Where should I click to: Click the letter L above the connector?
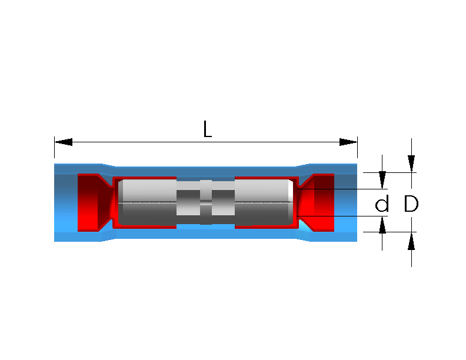[208, 129]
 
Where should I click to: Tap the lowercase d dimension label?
[382, 204]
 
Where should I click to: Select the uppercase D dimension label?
[411, 204]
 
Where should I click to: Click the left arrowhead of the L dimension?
[64, 142]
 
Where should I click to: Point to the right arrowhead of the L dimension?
[348, 142]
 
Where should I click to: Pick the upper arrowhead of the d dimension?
[382, 180]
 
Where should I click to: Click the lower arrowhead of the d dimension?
[382, 225]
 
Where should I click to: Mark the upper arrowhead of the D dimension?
[411, 164]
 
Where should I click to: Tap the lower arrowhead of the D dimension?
[411, 241]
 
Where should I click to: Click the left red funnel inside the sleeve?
[95, 202]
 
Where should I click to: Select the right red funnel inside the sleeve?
[315, 202]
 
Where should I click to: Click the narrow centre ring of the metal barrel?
[206, 202]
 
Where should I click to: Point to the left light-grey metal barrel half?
[148, 202]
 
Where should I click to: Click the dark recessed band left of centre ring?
[188, 202]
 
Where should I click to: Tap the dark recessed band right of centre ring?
[223, 202]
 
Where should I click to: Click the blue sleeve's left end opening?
[66, 202]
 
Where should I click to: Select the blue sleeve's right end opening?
[345, 202]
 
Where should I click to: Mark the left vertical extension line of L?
[54, 147]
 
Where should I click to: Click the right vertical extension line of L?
[357, 147]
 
